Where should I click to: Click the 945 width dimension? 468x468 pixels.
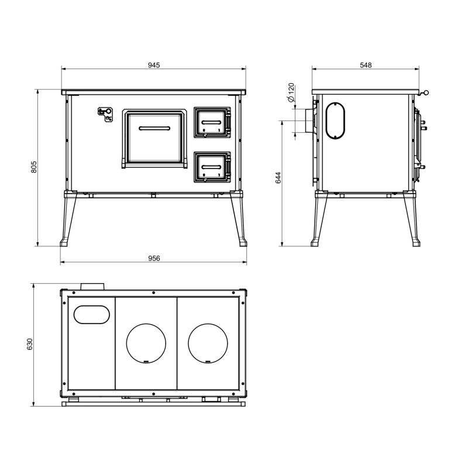[x=154, y=65]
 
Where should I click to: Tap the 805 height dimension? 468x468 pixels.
[x=34, y=167]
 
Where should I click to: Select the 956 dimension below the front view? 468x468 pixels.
[x=154, y=258]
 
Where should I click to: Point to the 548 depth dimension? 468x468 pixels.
[x=366, y=65]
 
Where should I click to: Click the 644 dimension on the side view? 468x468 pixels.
[x=278, y=178]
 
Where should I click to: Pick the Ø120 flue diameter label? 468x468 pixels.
[x=291, y=92]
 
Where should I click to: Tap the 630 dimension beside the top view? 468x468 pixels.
[x=29, y=344]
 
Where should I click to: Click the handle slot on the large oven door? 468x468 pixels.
[x=154, y=128]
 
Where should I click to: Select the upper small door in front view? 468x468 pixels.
[x=212, y=122]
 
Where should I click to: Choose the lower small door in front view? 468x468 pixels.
[x=212, y=167]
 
